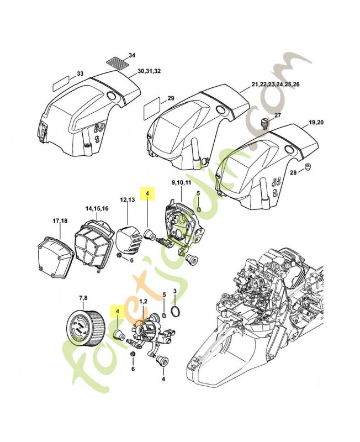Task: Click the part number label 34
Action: (x=131, y=55)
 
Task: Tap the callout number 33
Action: (x=80, y=73)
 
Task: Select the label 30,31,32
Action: (x=149, y=71)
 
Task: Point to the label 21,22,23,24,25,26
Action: (x=276, y=84)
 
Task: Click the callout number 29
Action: (x=171, y=98)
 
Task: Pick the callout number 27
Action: (x=278, y=115)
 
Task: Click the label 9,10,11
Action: (x=182, y=182)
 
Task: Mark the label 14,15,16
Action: (x=97, y=209)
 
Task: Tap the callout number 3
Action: (x=175, y=291)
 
